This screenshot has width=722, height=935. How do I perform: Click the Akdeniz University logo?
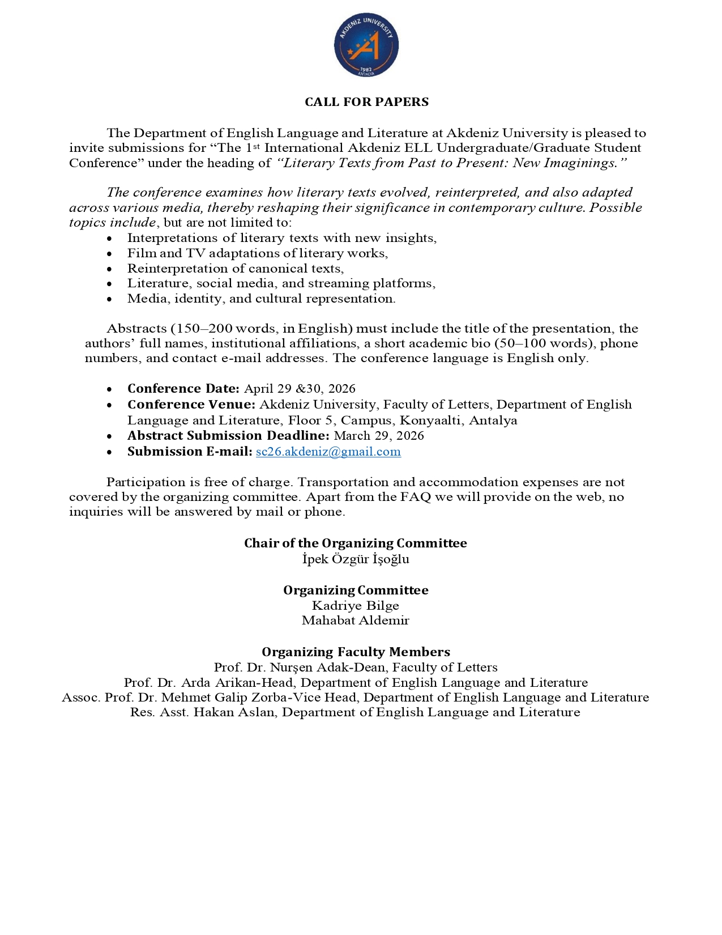tap(366, 46)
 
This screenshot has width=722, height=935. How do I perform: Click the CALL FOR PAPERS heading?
tap(366, 102)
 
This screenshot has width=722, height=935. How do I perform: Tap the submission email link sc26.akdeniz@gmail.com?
tap(328, 452)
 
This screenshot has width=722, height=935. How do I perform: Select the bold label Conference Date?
tap(183, 389)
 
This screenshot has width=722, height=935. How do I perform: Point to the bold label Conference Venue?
tap(191, 405)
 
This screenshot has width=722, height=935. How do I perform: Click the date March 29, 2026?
tap(379, 436)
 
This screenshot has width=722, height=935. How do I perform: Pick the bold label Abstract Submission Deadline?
tap(228, 436)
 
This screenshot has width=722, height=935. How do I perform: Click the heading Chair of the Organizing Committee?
tap(356, 543)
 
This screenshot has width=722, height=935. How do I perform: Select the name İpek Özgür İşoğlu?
tap(356, 559)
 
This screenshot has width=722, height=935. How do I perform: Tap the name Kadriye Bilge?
tap(356, 606)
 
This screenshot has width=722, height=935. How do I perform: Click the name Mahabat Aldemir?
tap(356, 620)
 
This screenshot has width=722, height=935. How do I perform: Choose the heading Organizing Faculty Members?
tap(356, 652)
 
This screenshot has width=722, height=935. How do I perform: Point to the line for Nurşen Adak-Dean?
tap(356, 668)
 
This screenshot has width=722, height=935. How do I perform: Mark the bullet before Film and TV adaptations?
tap(109, 254)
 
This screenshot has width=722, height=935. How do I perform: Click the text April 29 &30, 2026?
tap(300, 389)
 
